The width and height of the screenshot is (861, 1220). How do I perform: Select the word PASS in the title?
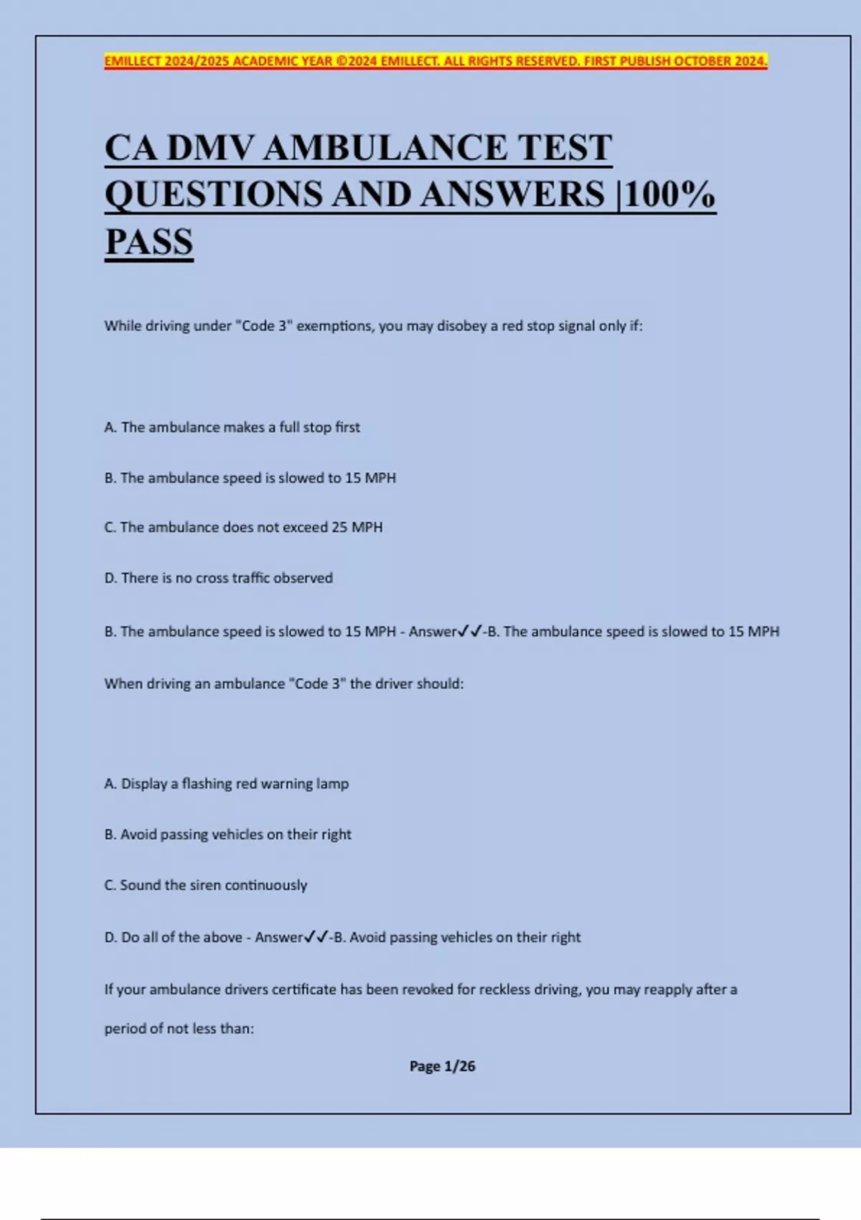pyautogui.click(x=149, y=241)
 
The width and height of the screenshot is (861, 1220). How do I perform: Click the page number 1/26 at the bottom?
pyautogui.click(x=459, y=1066)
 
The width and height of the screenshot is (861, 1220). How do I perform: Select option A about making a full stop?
pyautogui.click(x=232, y=427)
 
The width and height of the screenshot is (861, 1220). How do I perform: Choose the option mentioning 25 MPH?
pyautogui.click(x=243, y=527)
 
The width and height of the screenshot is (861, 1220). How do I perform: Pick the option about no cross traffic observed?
pyautogui.click(x=218, y=578)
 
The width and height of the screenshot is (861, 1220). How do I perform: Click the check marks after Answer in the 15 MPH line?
pyautogui.click(x=470, y=632)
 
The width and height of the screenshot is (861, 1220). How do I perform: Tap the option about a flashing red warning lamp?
pyautogui.click(x=226, y=784)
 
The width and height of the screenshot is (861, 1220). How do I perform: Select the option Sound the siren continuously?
pyautogui.click(x=205, y=885)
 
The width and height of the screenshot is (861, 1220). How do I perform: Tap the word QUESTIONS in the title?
pyautogui.click(x=213, y=194)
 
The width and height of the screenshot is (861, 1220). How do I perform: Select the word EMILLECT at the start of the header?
pyautogui.click(x=133, y=61)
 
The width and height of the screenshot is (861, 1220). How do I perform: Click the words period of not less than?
pyautogui.click(x=179, y=1028)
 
